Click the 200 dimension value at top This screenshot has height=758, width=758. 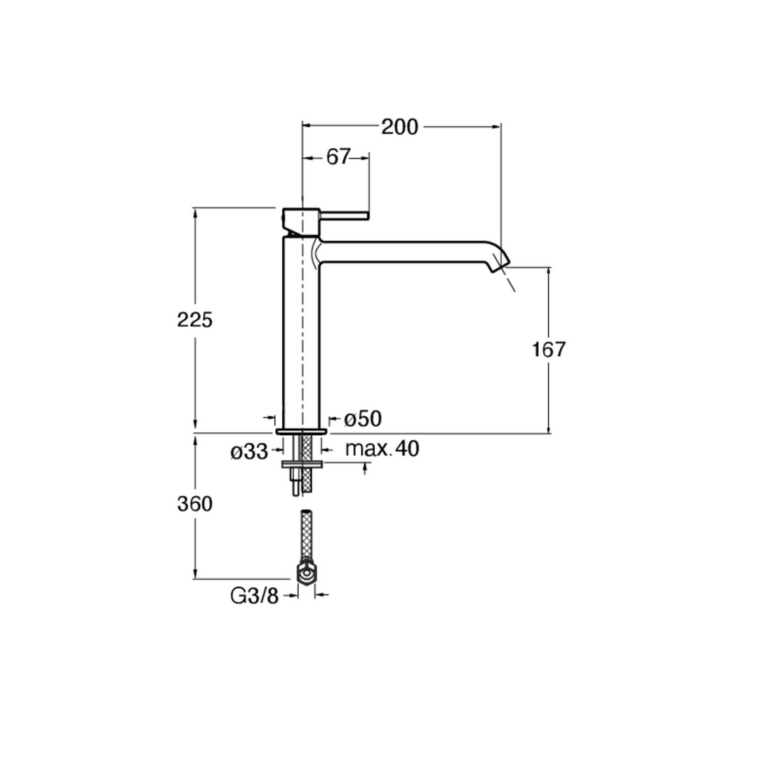[x=400, y=127]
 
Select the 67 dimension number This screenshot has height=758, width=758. [x=338, y=157]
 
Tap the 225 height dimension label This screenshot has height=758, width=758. [x=195, y=320]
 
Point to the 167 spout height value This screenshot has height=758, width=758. [x=549, y=350]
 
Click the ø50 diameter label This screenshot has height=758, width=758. [x=363, y=419]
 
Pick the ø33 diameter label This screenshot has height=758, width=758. [x=249, y=453]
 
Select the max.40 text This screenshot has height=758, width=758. [x=383, y=450]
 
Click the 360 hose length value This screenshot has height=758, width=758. [x=195, y=505]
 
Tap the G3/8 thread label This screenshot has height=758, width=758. [x=255, y=597]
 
